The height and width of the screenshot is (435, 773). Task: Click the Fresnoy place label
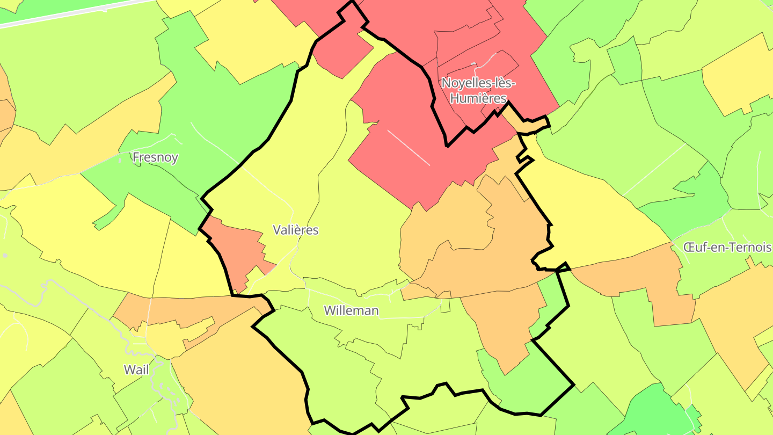[x=155, y=158]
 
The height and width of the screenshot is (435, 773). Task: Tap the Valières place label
[x=296, y=230]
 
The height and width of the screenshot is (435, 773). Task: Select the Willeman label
[x=352, y=311]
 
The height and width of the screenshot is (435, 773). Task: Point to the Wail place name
[x=136, y=369]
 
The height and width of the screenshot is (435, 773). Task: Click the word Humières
[x=478, y=98]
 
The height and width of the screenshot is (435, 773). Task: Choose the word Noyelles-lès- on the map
[x=478, y=83]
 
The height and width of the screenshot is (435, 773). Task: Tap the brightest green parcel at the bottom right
[x=650, y=414]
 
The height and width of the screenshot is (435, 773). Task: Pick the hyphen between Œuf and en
[x=708, y=248]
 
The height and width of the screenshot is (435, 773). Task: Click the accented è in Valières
[x=300, y=230]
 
